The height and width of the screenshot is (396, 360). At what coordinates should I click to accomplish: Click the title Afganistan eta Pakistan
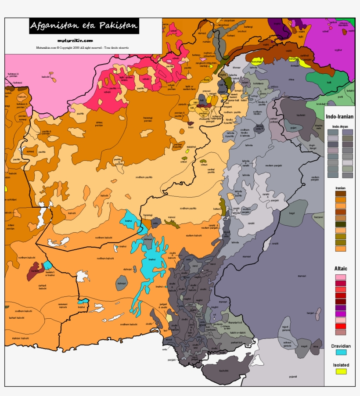[83, 26]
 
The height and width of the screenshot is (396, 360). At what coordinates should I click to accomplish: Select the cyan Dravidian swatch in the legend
[341, 352]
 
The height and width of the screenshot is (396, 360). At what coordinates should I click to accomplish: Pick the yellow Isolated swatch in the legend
[341, 371]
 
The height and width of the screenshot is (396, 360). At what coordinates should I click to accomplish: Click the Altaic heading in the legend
[341, 268]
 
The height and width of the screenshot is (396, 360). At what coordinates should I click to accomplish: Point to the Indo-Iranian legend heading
[341, 117]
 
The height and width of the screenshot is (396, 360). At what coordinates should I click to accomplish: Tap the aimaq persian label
[99, 124]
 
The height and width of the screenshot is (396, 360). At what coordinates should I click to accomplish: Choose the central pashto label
[211, 171]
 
